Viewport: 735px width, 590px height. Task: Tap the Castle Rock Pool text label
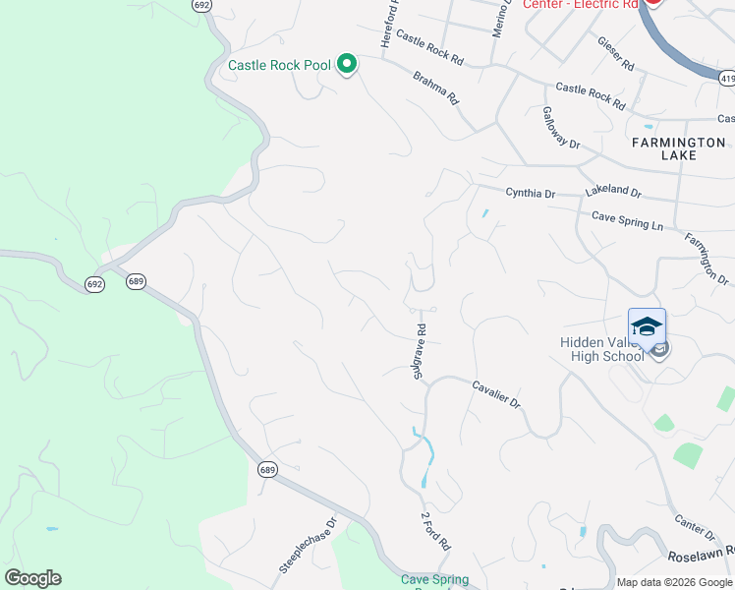click(x=279, y=66)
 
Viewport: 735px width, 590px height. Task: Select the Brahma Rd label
click(x=435, y=88)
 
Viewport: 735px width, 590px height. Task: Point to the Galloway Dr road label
click(x=562, y=127)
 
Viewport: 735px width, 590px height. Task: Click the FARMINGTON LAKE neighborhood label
click(x=678, y=148)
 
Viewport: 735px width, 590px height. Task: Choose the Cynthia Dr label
click(x=531, y=194)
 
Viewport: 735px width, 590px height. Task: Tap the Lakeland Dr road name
click(x=612, y=193)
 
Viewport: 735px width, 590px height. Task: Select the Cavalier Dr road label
click(x=495, y=395)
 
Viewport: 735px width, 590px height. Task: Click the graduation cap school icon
click(x=647, y=326)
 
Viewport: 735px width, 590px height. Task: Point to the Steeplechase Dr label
click(x=308, y=546)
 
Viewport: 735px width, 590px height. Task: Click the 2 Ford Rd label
click(x=436, y=530)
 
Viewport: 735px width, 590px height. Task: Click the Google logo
click(x=32, y=578)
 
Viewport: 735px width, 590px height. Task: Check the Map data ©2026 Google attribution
click(x=675, y=582)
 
